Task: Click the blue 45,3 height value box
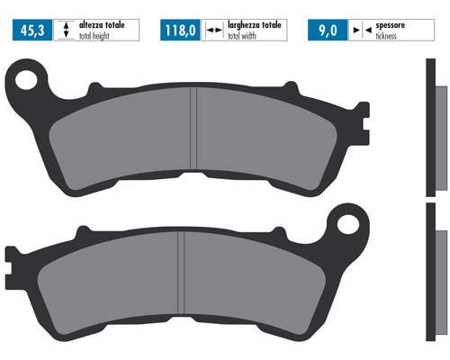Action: (32, 30)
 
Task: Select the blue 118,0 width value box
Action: (180, 30)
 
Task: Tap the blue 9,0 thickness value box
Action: (328, 30)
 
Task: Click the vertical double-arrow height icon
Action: (67, 30)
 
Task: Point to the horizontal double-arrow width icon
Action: (213, 30)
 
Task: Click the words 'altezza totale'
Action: (102, 25)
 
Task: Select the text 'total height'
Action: (94, 36)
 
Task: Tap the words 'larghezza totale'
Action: (255, 25)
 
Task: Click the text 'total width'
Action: (242, 36)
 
